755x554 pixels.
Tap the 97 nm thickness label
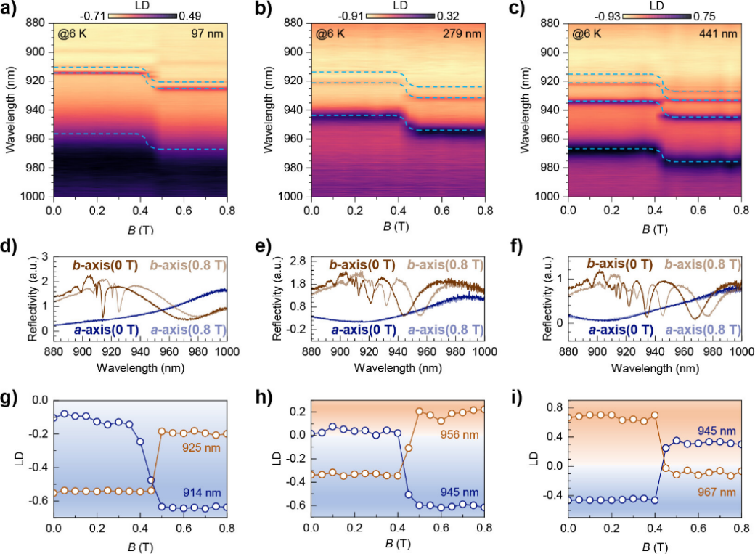pos(211,33)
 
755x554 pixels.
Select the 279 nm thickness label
pos(467,33)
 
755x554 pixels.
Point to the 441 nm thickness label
pos(724,33)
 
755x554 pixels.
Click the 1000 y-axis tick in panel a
pos(36,197)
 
